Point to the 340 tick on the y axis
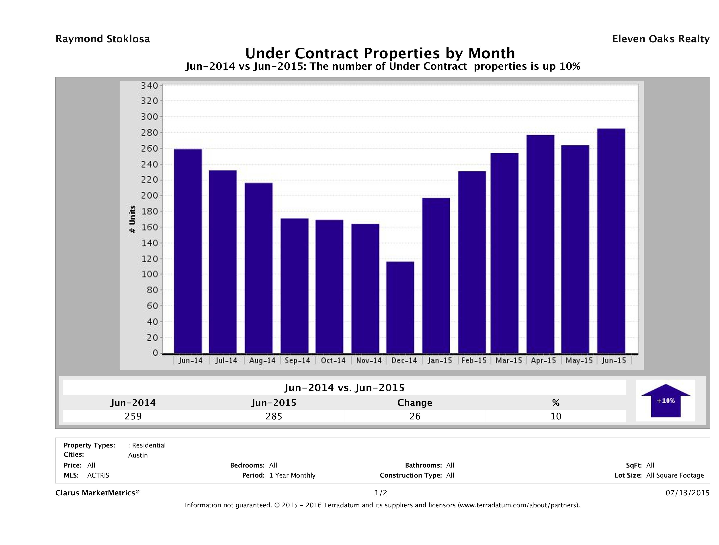pyautogui.click(x=149, y=86)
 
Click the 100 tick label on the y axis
pyautogui.click(x=149, y=274)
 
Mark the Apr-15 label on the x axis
pyautogui.click(x=543, y=360)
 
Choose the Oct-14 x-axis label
pyautogui.click(x=333, y=360)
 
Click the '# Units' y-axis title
pyautogui.click(x=132, y=219)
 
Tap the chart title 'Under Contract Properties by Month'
pyautogui.click(x=380, y=53)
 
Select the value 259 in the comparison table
pyautogui.click(x=133, y=416)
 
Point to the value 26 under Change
pyautogui.click(x=415, y=416)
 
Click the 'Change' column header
pyautogui.click(x=415, y=403)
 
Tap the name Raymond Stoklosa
pyautogui.click(x=103, y=39)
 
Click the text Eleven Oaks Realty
pyautogui.click(x=660, y=39)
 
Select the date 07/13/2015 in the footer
pyautogui.click(x=687, y=493)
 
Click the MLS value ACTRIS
pyautogui.click(x=98, y=475)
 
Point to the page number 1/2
pyautogui.click(x=381, y=493)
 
